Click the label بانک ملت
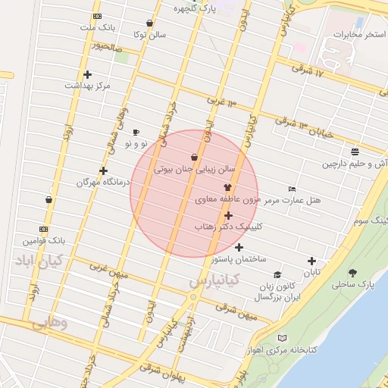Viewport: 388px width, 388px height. tap(101, 27)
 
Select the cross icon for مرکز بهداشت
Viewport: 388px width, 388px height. tap(88, 74)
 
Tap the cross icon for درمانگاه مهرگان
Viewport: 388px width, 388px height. tap(104, 171)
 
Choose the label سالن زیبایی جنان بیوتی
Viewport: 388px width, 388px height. tap(195, 171)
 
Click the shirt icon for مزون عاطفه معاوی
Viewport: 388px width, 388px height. tap(227, 186)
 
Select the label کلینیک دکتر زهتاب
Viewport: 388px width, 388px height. tap(228, 227)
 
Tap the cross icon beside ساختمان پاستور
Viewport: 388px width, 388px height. tap(239, 247)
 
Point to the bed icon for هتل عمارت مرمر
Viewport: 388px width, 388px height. tap(293, 189)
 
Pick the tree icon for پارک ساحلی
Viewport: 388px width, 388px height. tap(353, 273)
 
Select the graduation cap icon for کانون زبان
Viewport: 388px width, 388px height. tap(277, 275)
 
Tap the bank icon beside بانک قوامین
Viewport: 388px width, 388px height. tap(44, 229)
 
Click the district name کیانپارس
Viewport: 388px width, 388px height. tap(214, 281)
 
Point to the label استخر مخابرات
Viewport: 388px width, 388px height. tap(359, 35)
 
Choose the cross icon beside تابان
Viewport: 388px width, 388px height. tap(311, 261)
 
